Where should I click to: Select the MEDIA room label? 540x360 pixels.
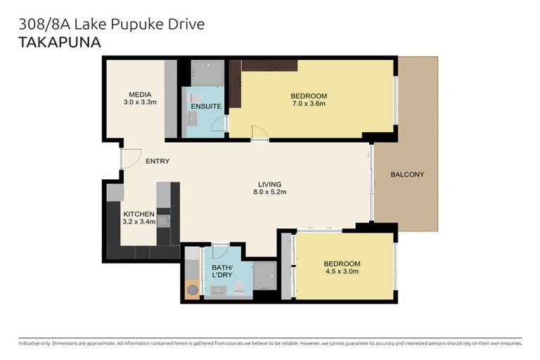140,95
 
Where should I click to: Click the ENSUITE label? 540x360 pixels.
206,106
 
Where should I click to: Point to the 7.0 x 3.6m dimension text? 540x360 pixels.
309,103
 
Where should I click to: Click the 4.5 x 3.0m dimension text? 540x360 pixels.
342,271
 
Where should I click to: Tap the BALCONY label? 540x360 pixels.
407,174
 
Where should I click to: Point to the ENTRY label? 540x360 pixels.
157,161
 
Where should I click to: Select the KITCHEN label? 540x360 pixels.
139,214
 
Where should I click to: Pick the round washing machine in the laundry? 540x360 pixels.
192,288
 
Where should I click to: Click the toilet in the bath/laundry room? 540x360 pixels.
239,287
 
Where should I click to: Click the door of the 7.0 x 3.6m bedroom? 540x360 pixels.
259,133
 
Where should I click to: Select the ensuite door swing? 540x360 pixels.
221,124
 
